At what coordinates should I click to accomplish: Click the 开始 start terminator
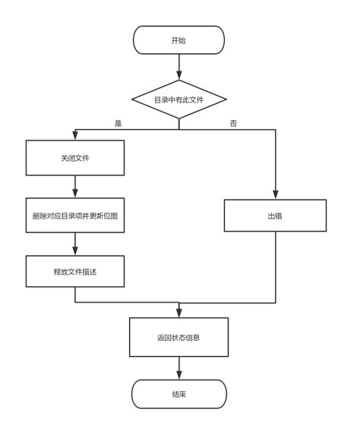[x=178, y=40]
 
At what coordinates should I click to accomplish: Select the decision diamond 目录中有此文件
[x=178, y=99]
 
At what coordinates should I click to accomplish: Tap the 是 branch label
[x=118, y=123]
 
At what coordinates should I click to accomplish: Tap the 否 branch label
[x=233, y=123]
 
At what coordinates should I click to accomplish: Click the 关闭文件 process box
[x=75, y=159]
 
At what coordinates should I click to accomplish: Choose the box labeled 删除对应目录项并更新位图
[x=75, y=216]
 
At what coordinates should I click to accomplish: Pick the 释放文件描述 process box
[x=75, y=271]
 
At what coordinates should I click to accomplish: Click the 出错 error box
[x=275, y=216]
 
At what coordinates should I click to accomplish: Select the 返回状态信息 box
[x=178, y=337]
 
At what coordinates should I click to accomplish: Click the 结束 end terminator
[x=178, y=394]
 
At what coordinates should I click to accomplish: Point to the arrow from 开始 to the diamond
[x=178, y=67]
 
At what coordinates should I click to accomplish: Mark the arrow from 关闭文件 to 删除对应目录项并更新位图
[x=75, y=188]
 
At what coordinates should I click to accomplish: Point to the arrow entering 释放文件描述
[x=75, y=244]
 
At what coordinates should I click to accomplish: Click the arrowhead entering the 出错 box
[x=275, y=195]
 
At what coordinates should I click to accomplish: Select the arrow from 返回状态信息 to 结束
[x=178, y=368]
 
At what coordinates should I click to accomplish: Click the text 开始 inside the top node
[x=178, y=40]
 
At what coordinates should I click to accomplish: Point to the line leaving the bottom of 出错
[x=275, y=266]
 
